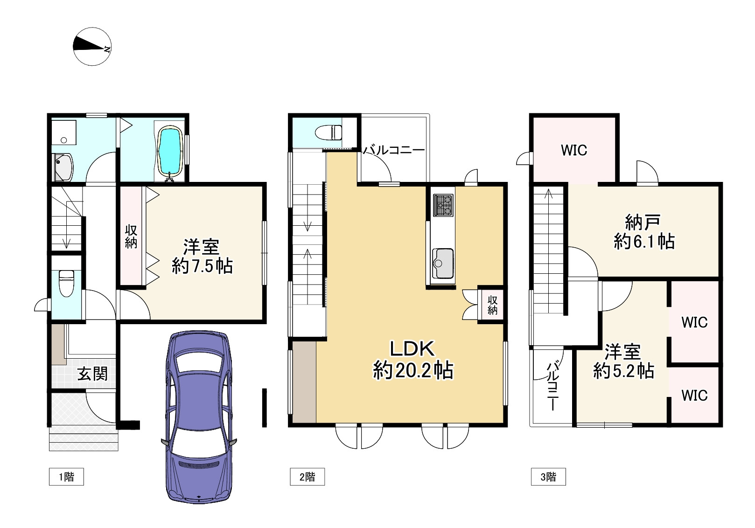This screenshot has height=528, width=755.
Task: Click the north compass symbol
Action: click(x=92, y=47)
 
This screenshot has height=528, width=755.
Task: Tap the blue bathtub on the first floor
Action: click(x=170, y=151)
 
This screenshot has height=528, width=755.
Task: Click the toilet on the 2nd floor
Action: click(x=329, y=132)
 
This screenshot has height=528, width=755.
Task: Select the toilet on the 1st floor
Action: click(x=66, y=283)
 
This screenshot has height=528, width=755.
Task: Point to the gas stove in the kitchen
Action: click(x=443, y=205)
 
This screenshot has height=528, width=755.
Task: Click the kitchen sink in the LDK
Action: click(x=442, y=264)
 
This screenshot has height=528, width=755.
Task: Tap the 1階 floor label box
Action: click(x=66, y=476)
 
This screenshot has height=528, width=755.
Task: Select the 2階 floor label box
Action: click(x=308, y=476)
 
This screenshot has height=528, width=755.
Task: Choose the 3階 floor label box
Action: click(x=548, y=476)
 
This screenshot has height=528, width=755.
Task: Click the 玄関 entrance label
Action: click(x=92, y=374)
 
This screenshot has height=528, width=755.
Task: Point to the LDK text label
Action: click(x=412, y=349)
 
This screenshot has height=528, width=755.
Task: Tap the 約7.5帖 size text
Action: click(x=202, y=266)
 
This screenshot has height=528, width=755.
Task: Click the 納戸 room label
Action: click(x=643, y=222)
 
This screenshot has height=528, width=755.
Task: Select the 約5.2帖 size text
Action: click(x=623, y=371)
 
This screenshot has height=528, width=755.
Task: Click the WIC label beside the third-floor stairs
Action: click(x=574, y=150)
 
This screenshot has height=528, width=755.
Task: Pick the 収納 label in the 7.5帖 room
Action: click(x=131, y=236)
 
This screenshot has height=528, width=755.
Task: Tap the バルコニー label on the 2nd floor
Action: click(x=394, y=150)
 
